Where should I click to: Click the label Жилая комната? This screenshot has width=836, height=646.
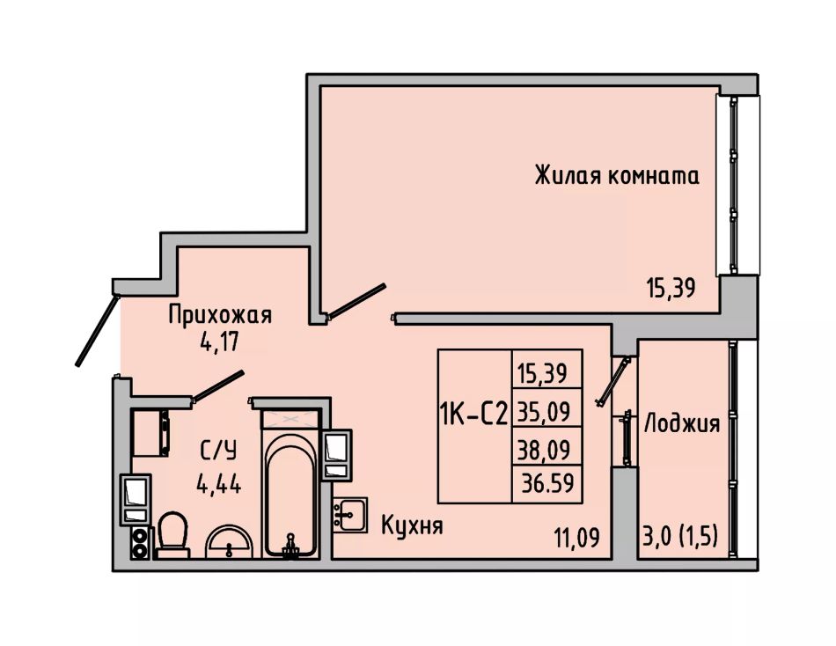click(x=617, y=175)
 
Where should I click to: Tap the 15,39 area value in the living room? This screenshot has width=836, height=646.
click(x=671, y=289)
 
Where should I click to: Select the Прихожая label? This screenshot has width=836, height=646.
click(x=220, y=315)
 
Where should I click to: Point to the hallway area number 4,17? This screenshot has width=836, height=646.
click(x=220, y=341)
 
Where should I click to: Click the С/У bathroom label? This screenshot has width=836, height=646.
click(x=218, y=451)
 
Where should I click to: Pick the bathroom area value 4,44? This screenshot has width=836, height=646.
click(x=218, y=484)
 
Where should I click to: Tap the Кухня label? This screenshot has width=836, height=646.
click(x=412, y=525)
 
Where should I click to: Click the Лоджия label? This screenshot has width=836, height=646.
click(x=682, y=423)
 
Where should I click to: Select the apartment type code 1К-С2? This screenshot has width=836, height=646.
click(x=473, y=414)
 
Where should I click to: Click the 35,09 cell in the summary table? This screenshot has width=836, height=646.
click(x=545, y=411)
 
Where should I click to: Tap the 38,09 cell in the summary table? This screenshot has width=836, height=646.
click(x=545, y=449)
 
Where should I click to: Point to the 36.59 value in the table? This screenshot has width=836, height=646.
click(x=547, y=483)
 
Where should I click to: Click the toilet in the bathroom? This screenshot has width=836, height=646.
click(x=172, y=535)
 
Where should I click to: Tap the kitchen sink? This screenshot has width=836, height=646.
click(x=350, y=514)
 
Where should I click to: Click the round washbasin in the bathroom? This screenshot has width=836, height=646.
click(x=230, y=541)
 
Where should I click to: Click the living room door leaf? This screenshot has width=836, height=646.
click(x=356, y=301)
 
